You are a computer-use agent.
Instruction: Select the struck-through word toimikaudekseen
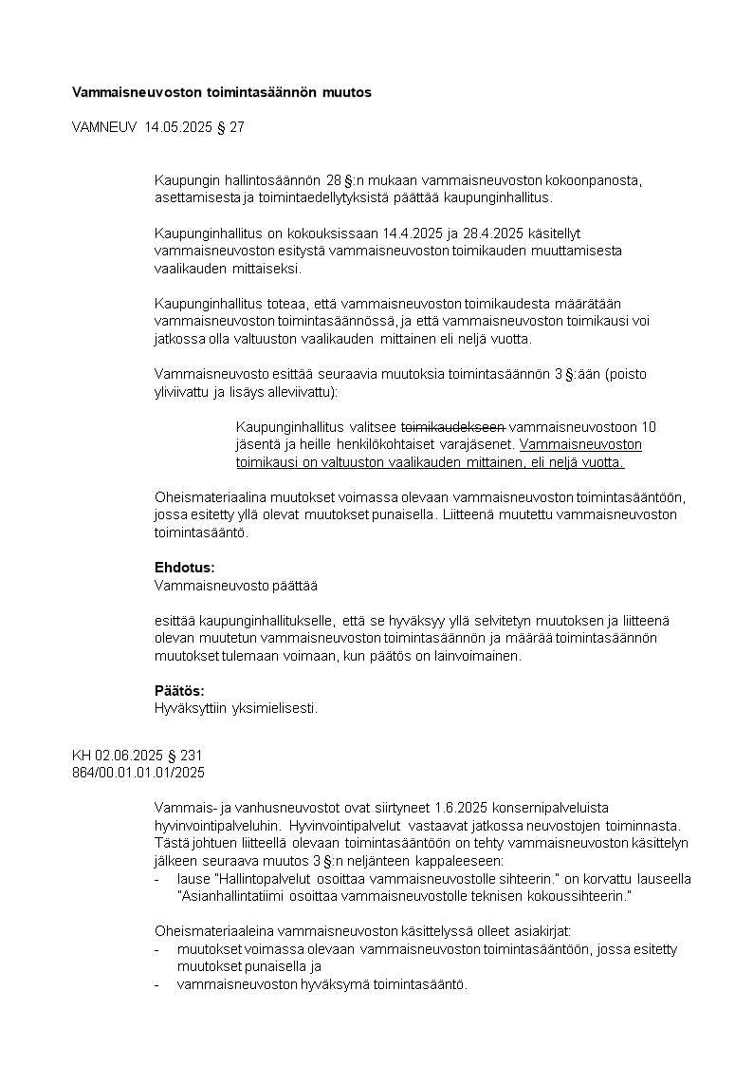(454, 426)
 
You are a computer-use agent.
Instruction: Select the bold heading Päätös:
(179, 690)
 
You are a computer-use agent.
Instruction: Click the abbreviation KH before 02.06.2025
(82, 756)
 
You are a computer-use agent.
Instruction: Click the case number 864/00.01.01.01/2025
(138, 773)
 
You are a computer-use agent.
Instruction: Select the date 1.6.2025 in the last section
(465, 807)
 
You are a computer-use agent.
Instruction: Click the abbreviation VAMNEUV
(105, 127)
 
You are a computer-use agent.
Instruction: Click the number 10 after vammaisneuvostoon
(649, 426)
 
